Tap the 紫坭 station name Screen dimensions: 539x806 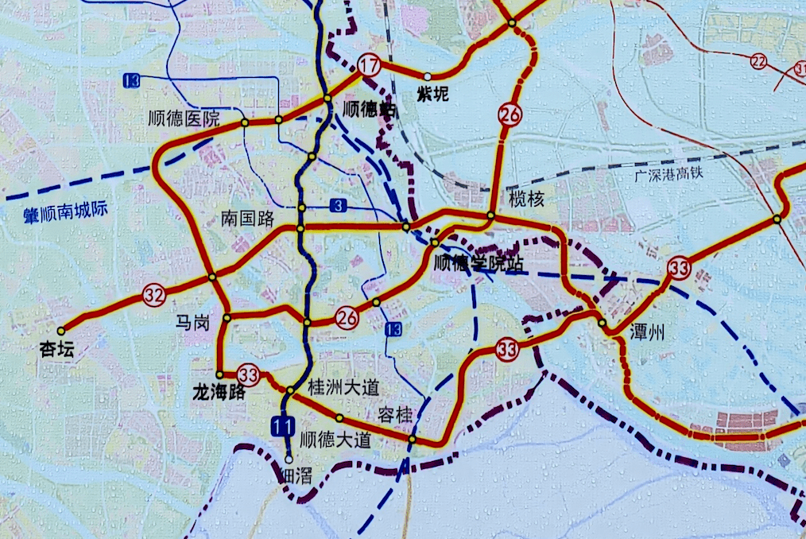(433, 95)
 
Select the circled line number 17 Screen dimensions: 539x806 (369, 66)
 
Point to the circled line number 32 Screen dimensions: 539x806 (154, 296)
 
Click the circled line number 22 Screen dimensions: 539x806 (759, 61)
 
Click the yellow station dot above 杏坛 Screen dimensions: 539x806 (62, 328)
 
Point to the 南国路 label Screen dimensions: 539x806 (247, 219)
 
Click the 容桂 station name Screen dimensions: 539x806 (394, 413)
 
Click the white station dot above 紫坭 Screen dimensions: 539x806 (428, 76)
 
